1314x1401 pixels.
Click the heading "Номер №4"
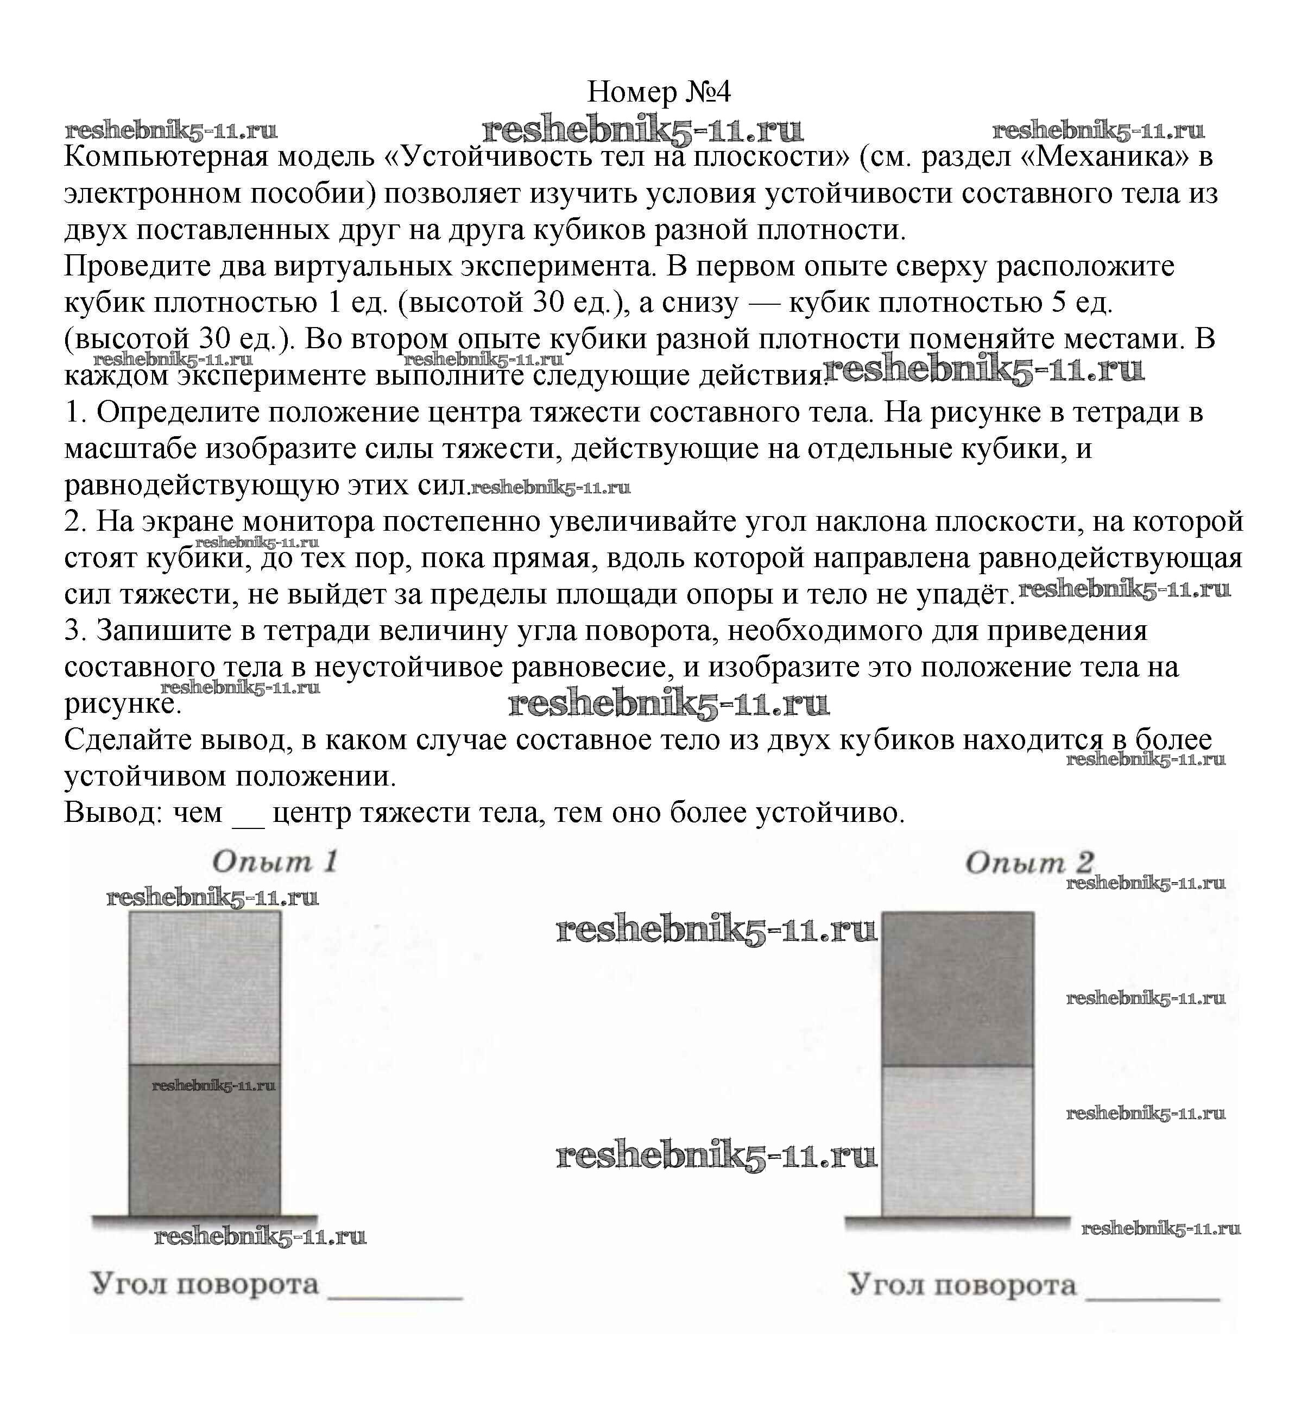[658, 92]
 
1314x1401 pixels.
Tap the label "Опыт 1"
[275, 861]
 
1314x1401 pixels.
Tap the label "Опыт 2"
[1028, 863]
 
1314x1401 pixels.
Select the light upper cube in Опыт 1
[204, 987]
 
